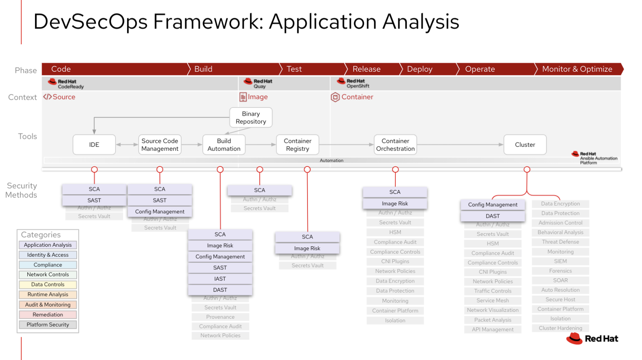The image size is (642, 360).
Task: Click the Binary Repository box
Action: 251,118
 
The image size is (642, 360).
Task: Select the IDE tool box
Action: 94,145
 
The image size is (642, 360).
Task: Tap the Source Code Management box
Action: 160,145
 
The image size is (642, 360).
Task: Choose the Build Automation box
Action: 224,145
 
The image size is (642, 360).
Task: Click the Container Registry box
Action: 297,145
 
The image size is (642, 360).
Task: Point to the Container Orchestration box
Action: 395,145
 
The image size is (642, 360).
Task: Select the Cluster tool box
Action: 525,145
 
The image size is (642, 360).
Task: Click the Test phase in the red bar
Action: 294,69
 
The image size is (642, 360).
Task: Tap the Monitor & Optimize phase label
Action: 577,69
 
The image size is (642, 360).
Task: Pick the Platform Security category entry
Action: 48,325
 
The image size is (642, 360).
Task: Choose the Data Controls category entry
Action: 48,284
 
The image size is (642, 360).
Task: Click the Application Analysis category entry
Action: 48,245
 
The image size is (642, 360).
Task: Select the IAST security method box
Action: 220,279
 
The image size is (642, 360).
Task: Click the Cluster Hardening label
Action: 560,328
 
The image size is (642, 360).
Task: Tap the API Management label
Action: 492,329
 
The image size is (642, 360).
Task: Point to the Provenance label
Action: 220,317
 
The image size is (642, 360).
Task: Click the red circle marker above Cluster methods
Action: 527,170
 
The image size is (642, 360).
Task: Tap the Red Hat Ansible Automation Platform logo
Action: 594,158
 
